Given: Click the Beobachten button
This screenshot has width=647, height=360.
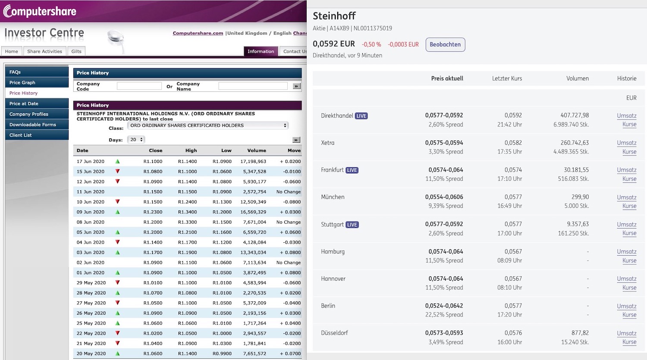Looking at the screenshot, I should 445,44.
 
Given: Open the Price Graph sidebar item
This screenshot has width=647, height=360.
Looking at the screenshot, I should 22,82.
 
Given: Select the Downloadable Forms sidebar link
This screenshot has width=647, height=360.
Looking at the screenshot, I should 33,125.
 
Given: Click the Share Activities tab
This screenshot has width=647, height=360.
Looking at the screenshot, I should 44,51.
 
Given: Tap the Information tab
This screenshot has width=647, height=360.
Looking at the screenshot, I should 261,51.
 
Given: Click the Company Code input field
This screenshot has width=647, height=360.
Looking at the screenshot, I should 139,86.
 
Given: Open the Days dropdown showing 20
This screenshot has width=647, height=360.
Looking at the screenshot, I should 136,140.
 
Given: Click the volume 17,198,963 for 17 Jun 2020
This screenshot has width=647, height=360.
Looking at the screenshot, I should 253,161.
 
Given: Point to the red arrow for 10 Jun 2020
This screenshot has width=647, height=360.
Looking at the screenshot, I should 117,202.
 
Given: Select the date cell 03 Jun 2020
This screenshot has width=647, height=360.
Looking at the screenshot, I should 91,252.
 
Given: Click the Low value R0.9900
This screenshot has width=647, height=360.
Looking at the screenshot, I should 222,354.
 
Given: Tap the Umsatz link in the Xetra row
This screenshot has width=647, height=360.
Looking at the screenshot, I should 626,143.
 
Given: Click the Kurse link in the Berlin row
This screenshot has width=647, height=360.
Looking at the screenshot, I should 629,315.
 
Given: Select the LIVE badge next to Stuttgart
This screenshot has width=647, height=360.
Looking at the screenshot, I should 352,225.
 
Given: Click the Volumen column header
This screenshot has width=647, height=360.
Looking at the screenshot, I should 577,78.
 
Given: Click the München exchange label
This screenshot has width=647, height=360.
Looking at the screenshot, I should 333,197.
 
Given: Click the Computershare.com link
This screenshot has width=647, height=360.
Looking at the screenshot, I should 198,33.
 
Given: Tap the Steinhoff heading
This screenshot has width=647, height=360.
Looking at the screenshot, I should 334,16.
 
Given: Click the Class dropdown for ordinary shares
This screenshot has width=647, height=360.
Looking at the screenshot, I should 207,125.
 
